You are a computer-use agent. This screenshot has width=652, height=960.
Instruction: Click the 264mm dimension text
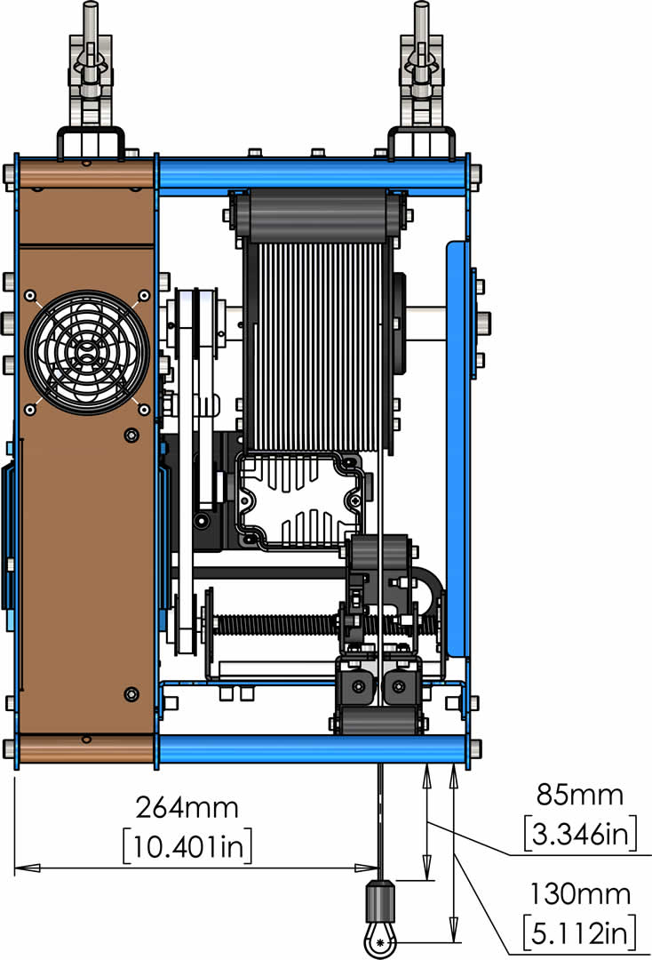187,807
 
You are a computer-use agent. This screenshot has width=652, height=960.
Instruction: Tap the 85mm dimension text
580,794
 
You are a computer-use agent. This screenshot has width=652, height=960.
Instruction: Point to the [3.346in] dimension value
580,833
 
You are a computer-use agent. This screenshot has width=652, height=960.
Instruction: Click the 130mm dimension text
580,894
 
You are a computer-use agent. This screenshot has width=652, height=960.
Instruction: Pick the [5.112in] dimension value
580,933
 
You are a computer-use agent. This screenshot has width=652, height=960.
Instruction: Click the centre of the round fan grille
87,352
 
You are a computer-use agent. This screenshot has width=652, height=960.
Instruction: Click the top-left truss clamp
91,80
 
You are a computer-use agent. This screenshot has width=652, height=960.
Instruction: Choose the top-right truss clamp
421,80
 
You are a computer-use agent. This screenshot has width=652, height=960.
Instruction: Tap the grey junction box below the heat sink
300,500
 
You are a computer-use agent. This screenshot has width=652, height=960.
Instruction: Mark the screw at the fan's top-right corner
144,296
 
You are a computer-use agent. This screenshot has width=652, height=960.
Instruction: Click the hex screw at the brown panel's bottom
131,694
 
